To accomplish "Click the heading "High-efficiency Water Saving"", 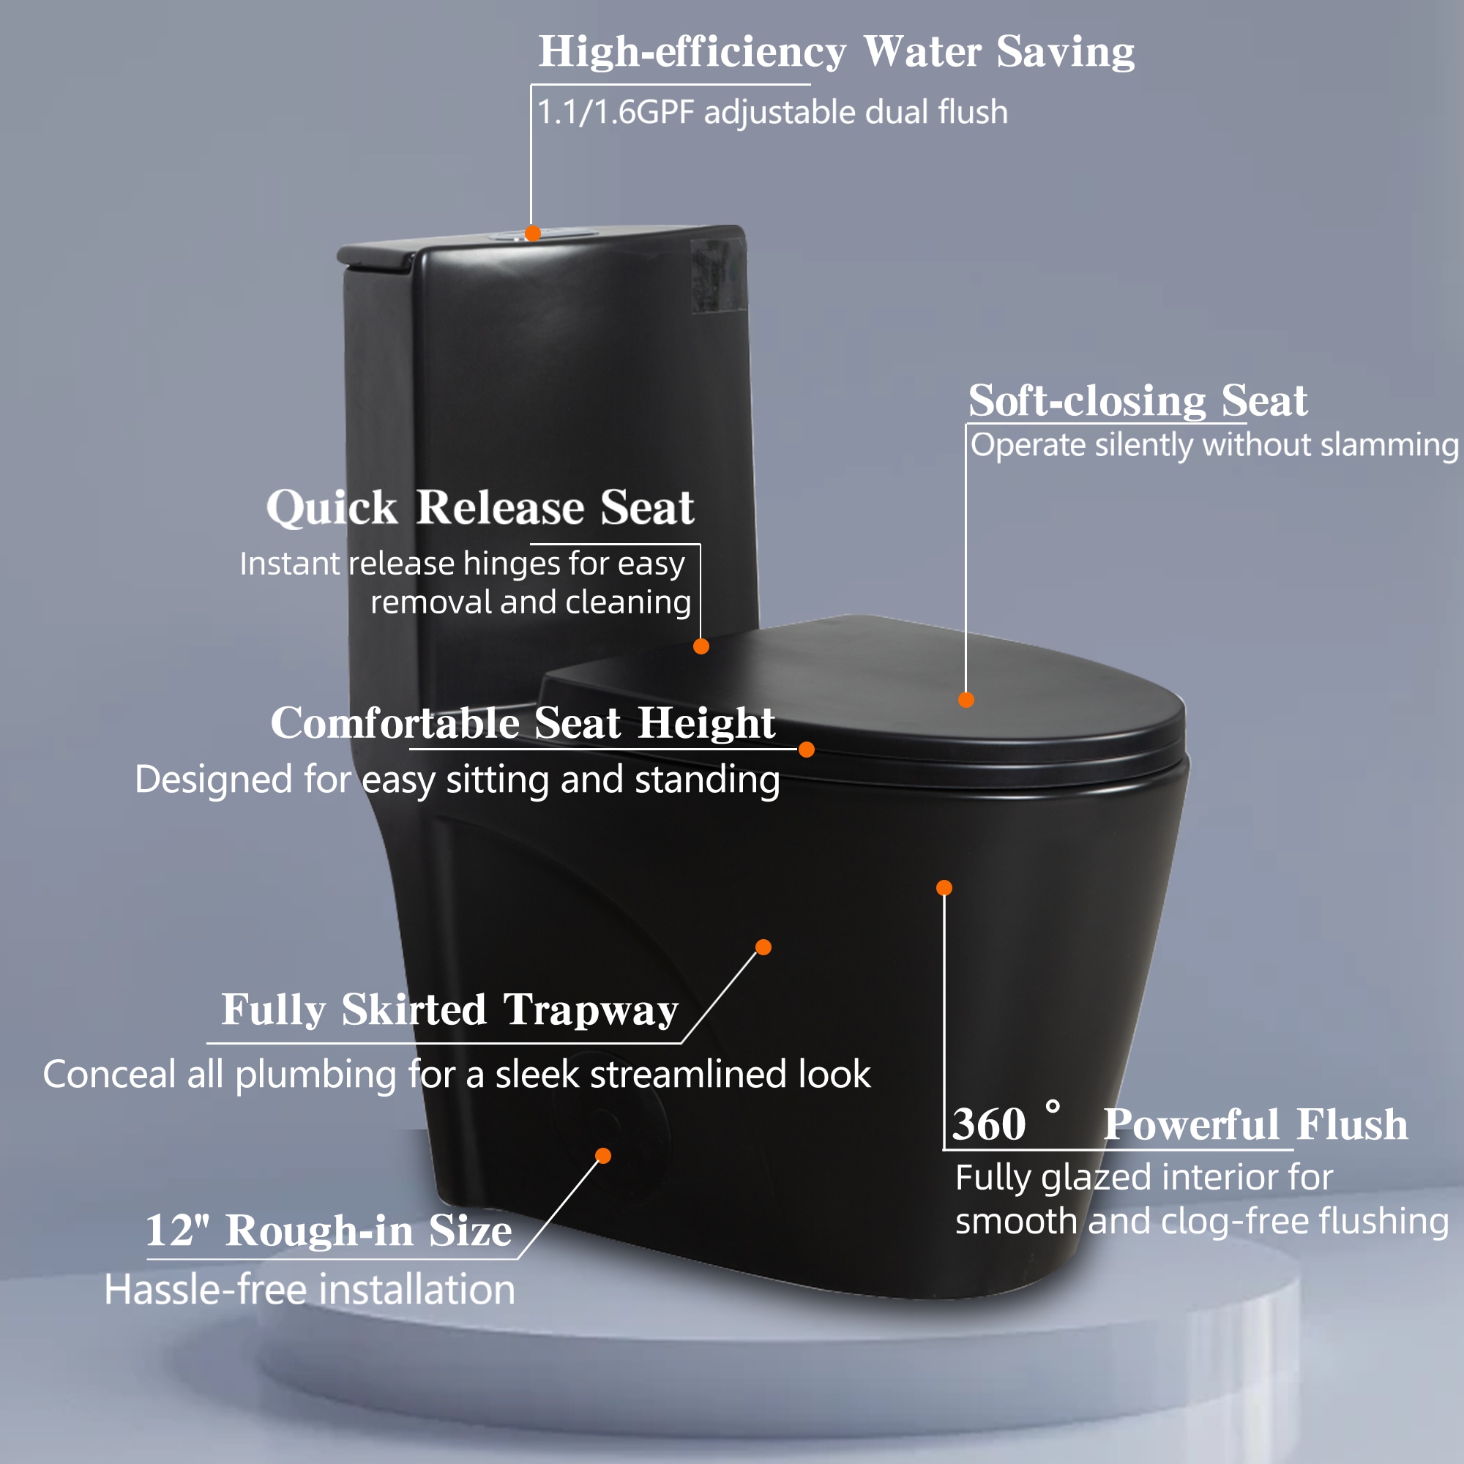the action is point(837,52).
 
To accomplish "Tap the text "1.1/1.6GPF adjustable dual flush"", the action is point(772,112).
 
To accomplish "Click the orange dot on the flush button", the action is point(533,234).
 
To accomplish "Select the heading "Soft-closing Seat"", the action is point(1138,400).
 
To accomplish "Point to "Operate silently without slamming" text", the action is point(1214,446).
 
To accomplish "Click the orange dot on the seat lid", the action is point(966,699).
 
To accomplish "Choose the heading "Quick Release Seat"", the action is point(479,507).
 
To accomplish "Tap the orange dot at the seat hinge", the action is point(701,646).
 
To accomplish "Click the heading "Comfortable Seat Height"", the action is point(523,722).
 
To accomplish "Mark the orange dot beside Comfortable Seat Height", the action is point(806,750).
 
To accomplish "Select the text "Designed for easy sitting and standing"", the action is point(457,780).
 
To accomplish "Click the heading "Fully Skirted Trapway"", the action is point(449,1010).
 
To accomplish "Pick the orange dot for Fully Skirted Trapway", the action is point(763,947).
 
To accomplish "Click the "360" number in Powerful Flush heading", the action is point(989,1124).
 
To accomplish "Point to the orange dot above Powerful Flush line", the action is point(944,887).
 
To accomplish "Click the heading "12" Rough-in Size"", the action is point(328,1230).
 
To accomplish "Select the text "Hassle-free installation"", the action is point(309,1289).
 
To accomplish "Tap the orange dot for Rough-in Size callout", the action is point(603,1156).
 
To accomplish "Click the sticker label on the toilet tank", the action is point(717,274).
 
